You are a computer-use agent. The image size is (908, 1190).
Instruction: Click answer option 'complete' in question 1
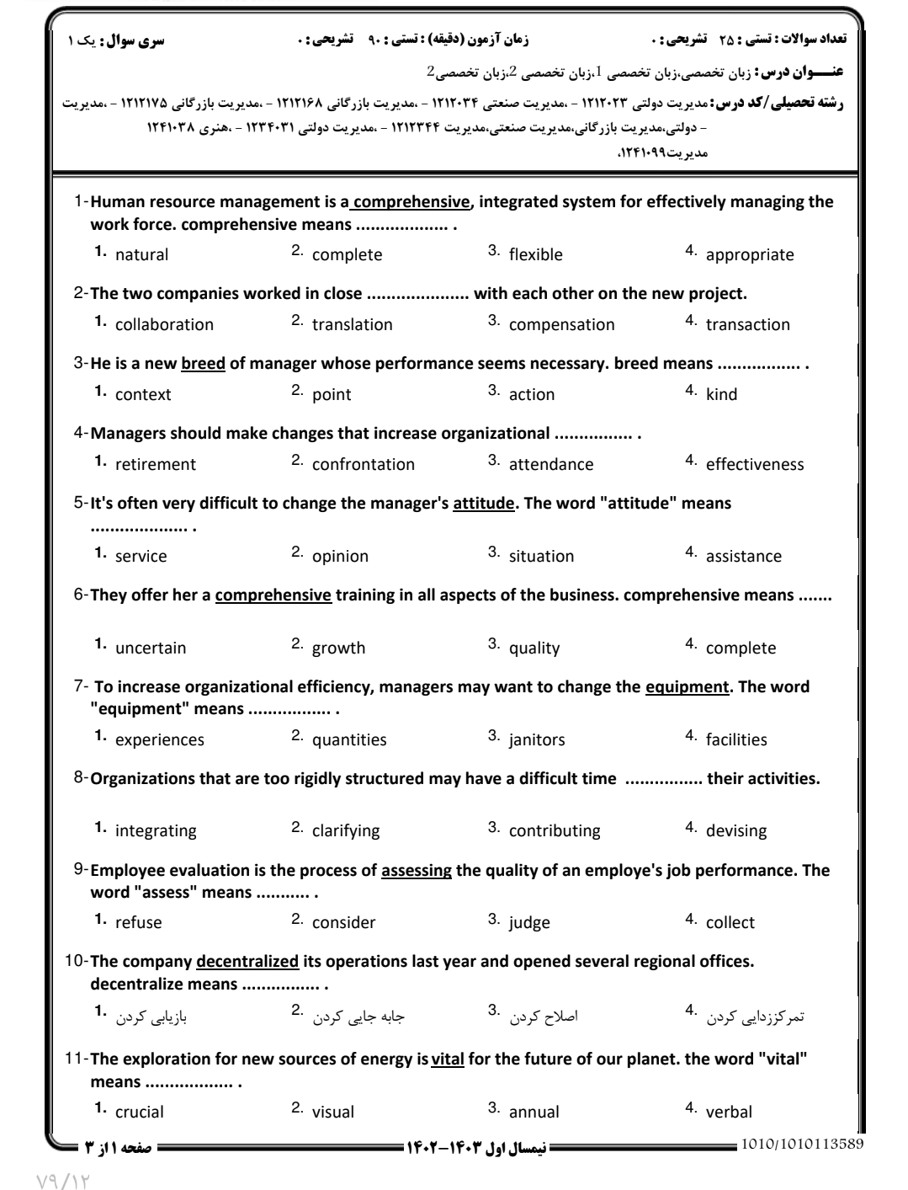347,254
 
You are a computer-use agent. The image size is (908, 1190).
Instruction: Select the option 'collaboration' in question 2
164,324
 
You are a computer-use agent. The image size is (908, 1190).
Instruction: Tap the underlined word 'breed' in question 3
203,364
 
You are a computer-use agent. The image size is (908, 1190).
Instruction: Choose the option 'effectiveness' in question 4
755,464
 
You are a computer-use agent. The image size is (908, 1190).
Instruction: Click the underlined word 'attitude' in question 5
483,504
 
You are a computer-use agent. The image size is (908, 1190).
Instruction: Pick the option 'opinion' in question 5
340,556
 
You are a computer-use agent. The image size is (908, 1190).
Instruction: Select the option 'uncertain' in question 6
151,648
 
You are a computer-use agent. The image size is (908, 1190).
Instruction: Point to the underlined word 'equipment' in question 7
687,686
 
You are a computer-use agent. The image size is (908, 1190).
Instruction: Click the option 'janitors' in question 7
537,739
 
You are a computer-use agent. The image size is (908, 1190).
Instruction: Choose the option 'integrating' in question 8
156,830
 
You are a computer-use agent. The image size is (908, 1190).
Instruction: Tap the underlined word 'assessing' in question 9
417,870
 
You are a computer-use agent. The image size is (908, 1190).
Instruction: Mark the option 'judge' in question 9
529,922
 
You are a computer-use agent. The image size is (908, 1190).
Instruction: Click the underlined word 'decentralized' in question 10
247,961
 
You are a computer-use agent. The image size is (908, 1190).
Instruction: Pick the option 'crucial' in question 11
140,1112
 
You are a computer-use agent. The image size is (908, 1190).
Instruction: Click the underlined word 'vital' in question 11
448,1059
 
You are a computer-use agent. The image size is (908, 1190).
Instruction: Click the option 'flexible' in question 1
535,254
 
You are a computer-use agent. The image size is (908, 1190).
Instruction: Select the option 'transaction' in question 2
748,324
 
